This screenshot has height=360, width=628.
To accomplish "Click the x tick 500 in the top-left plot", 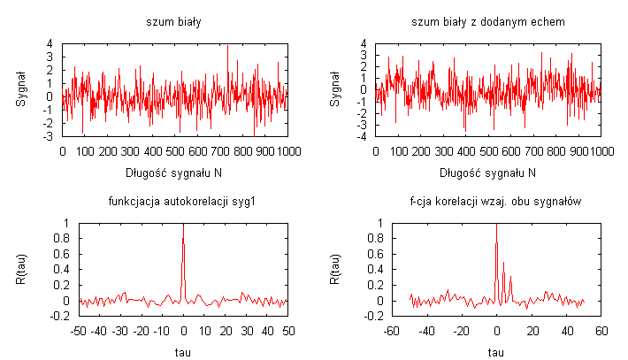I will (175, 151).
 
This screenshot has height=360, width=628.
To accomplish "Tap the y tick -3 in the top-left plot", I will (50, 137).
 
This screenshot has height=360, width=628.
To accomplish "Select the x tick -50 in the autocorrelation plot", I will (79, 332).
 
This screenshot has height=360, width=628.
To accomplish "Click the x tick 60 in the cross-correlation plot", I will (601, 332).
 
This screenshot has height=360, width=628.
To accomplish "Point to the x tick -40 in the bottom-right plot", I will (426, 332).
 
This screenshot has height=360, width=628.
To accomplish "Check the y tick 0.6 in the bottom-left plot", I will (62, 255).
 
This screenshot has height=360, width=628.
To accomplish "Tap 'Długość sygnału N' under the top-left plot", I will (174, 172).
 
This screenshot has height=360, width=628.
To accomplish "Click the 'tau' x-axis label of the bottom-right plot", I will (496, 351).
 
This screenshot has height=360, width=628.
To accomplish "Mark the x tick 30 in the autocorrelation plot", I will (246, 332).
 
